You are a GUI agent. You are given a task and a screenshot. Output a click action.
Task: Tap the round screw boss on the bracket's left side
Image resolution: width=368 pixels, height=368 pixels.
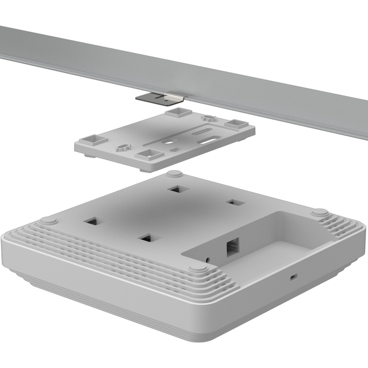pos(122,147)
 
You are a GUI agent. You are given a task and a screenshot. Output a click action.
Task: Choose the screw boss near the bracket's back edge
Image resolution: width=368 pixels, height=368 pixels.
pos(209,119)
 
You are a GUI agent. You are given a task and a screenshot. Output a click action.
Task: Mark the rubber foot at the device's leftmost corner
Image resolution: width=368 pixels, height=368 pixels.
pos(48,220)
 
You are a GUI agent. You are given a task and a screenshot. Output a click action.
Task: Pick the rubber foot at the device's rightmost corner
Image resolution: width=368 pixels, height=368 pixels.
pos(320,212)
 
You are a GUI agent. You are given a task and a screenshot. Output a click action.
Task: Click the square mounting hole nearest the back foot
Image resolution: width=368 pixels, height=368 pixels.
pos(175,189)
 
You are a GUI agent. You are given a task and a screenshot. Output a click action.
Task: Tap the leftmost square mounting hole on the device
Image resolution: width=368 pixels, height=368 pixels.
pos(91,220)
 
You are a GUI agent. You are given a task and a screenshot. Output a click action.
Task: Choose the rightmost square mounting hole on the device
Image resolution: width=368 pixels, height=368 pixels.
pos(232,202)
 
